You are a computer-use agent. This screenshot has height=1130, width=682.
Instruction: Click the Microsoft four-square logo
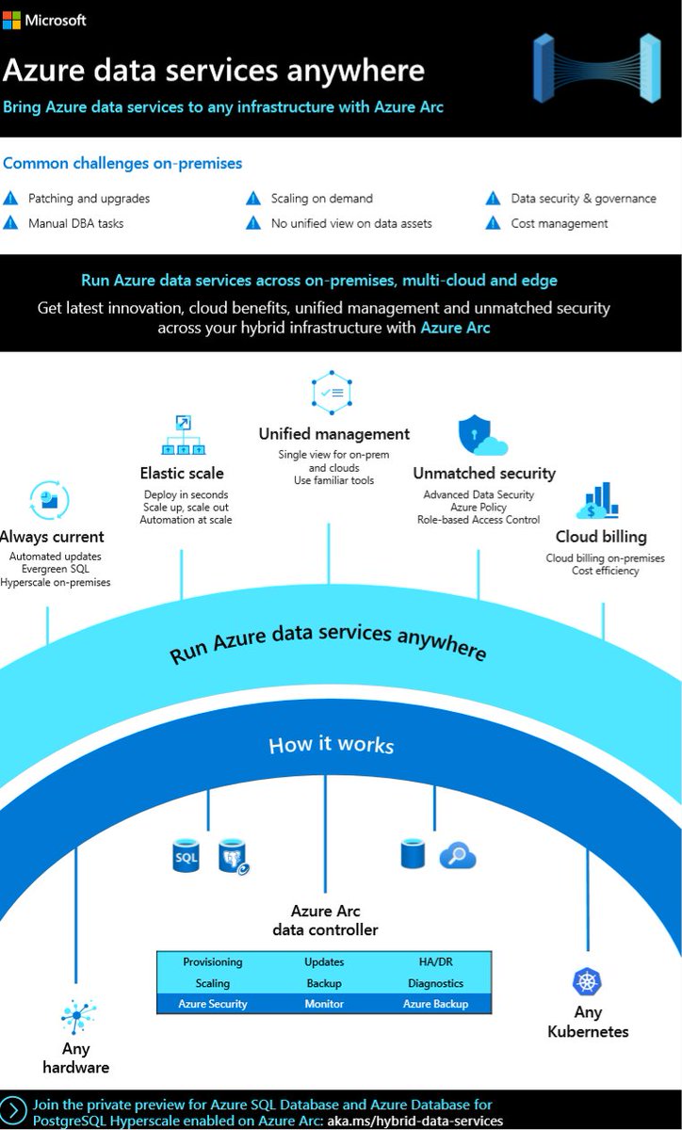[x=12, y=20]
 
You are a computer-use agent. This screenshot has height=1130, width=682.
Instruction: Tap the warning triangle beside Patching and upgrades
[x=11, y=199]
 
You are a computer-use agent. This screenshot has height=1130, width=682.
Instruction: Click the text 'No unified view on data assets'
[x=351, y=223]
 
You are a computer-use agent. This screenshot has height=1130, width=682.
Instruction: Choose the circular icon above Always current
[x=50, y=500]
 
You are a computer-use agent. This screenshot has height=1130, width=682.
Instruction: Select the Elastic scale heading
[x=182, y=473]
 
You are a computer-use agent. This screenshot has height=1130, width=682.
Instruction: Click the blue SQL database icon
[x=185, y=856]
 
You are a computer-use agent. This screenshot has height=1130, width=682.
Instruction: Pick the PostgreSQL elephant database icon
[x=233, y=856]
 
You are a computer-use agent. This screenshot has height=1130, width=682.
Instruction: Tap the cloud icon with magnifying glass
[x=458, y=855]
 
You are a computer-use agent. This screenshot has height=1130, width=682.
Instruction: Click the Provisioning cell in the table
[x=213, y=962]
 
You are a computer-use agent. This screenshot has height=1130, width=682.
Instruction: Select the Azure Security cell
[x=213, y=1004]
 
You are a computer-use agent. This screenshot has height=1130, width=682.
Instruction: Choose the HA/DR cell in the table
[x=435, y=962]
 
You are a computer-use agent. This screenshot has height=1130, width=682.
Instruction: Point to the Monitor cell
[x=324, y=1004]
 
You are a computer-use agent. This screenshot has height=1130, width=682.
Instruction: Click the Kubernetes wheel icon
[x=588, y=982]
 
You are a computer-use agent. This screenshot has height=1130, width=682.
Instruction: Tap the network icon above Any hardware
[x=78, y=1016]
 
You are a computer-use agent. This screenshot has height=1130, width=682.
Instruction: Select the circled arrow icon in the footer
[x=13, y=1111]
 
